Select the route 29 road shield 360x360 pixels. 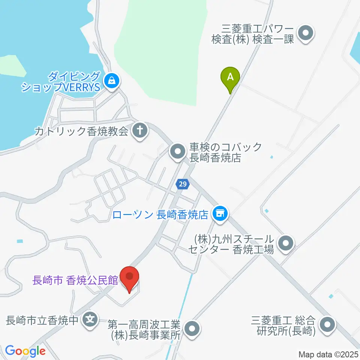point(182,184)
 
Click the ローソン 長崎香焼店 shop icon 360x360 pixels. point(220,214)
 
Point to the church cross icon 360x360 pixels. point(141,131)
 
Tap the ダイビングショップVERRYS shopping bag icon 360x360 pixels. point(111,79)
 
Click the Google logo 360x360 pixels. point(25,351)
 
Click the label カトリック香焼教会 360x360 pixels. point(82,131)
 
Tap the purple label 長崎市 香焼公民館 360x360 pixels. point(75,280)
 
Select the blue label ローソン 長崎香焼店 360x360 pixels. point(160,215)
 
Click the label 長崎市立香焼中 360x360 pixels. point(42,321)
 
